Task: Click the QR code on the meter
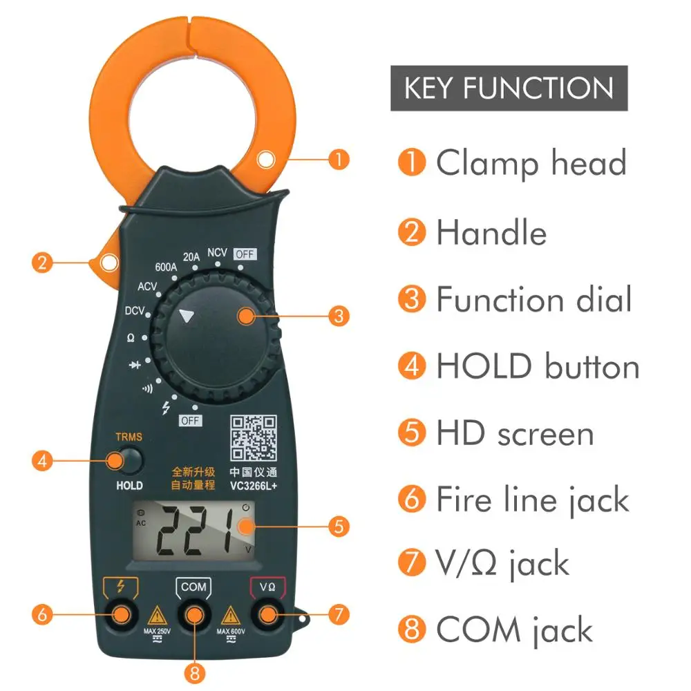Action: point(254,439)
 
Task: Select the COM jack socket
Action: point(194,613)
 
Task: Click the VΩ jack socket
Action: point(267,613)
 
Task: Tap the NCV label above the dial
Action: point(217,253)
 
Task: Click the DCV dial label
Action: point(135,311)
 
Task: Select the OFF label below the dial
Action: point(190,421)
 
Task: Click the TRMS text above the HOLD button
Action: point(129,437)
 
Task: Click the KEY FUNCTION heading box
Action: point(509,88)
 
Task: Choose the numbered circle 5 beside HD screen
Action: point(412,433)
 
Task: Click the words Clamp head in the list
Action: point(531,164)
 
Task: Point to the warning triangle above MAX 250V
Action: point(157,614)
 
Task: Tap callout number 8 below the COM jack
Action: point(194,670)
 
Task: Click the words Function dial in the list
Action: point(534,300)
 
